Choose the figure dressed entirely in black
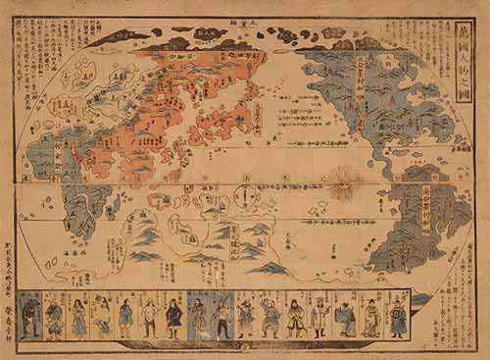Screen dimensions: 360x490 173,318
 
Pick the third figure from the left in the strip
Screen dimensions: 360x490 78,318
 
